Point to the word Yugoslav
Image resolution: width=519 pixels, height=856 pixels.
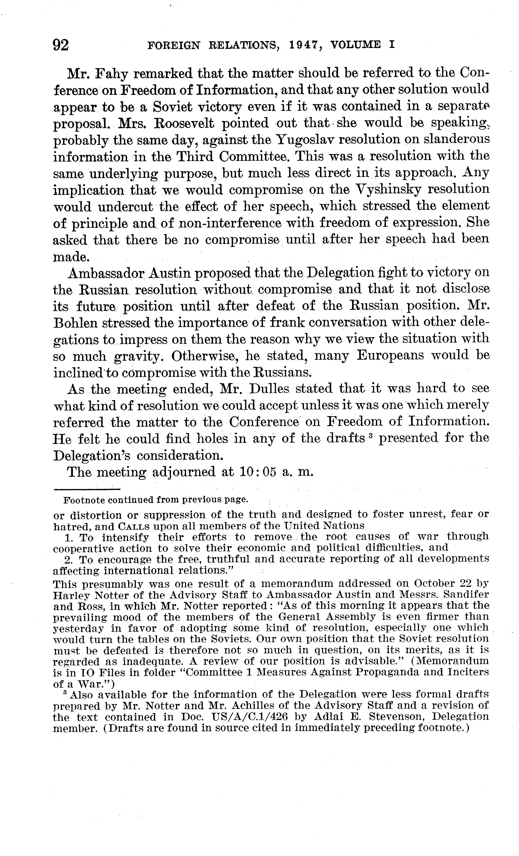click(305, 140)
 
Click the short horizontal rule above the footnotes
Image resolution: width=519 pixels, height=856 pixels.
click(87, 490)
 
